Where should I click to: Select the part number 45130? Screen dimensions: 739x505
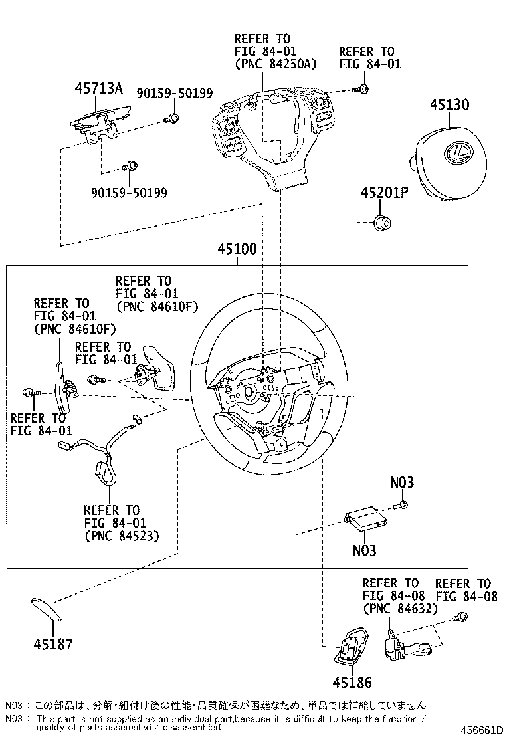[x=449, y=105]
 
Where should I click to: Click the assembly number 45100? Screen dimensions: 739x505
[x=237, y=251]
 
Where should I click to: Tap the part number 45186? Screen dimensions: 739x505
[x=352, y=683]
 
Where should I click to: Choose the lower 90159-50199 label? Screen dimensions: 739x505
[x=130, y=193]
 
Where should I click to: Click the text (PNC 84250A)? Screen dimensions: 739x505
[x=275, y=64]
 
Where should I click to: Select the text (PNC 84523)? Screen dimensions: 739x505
[x=121, y=536]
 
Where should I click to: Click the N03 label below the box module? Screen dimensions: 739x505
[x=364, y=550]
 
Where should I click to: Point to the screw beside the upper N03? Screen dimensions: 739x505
[x=402, y=507]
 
